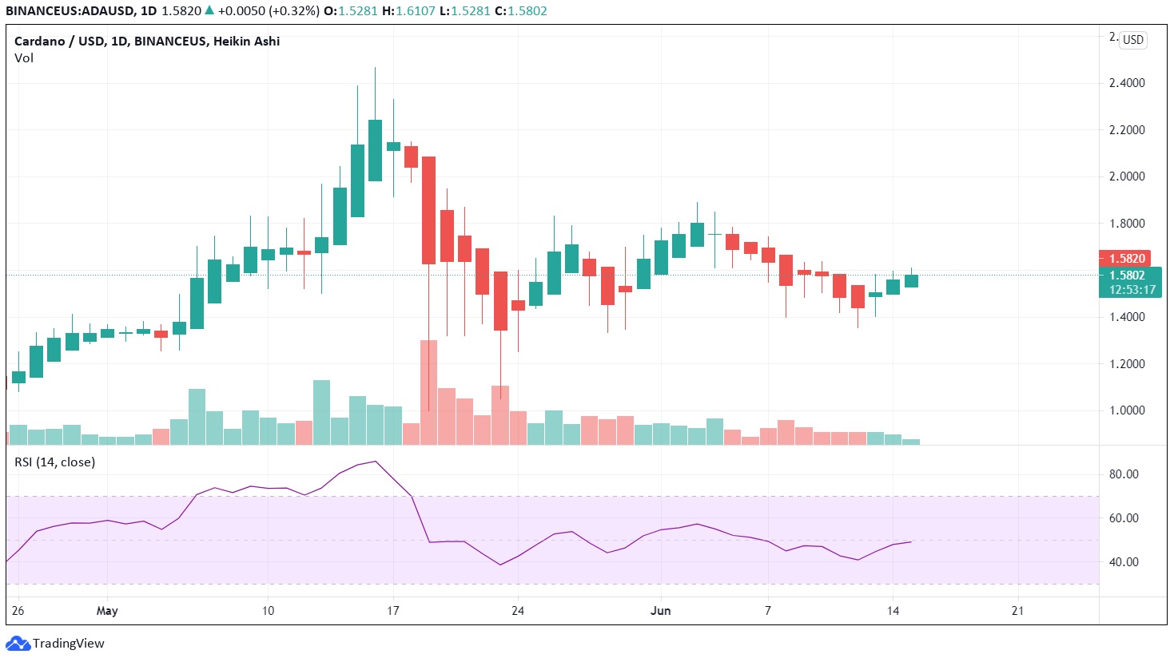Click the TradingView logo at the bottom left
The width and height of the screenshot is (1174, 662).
[x=56, y=644]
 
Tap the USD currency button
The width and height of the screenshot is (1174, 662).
[x=1133, y=40]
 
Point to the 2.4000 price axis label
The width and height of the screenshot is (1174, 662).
[x=1127, y=83]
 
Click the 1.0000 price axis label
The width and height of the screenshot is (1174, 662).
[x=1127, y=410]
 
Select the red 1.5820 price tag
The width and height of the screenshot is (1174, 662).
[x=1127, y=259]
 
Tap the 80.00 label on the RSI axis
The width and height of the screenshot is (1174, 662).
[x=1124, y=474]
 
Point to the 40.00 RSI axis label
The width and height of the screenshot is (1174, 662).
[x=1124, y=562]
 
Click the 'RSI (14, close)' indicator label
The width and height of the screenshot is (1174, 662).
[x=54, y=462]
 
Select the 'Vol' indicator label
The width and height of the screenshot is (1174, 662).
[x=24, y=58]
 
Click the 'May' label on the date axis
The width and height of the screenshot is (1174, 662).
[x=107, y=611]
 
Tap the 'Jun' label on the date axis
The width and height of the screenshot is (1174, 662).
[x=661, y=611]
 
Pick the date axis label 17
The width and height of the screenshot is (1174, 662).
[x=393, y=611]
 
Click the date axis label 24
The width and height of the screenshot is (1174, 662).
[x=518, y=611]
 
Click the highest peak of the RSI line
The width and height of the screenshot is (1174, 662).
[x=376, y=462]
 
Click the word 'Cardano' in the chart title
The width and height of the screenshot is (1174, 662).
[x=38, y=42]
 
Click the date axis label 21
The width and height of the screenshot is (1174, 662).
[x=1017, y=611]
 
